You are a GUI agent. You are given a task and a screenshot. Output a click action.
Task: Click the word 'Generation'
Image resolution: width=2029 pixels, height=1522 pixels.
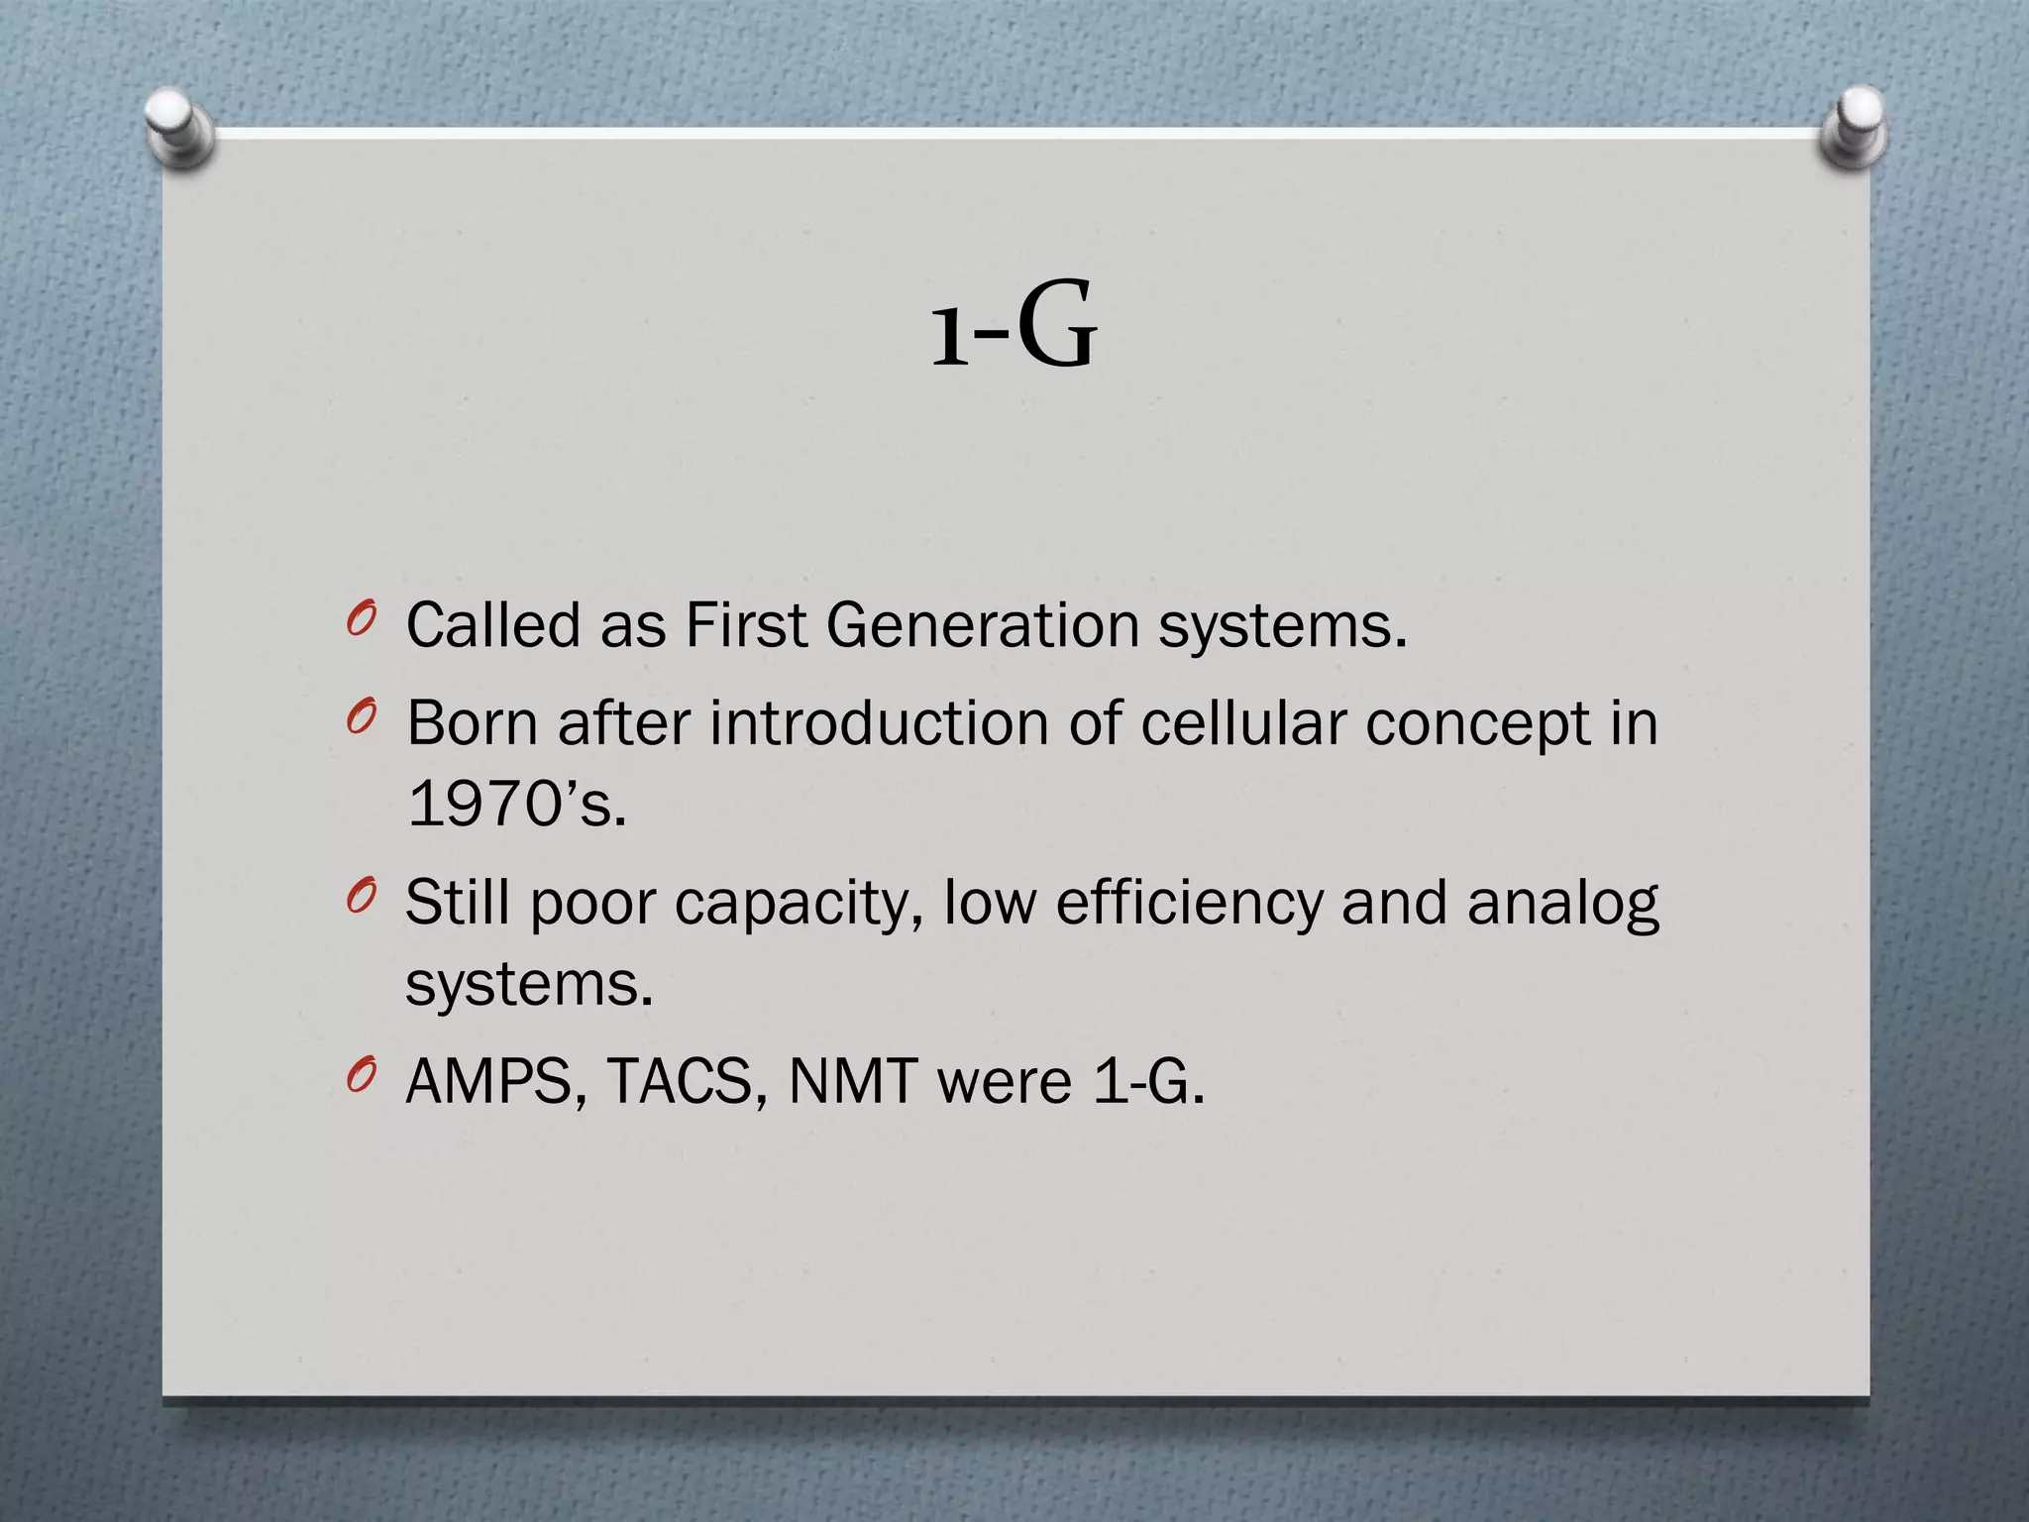(x=983, y=626)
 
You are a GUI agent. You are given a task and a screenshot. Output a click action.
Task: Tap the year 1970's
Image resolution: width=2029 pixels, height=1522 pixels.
(x=516, y=803)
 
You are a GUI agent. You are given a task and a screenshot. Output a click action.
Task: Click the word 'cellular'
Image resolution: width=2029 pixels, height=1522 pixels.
(x=1242, y=723)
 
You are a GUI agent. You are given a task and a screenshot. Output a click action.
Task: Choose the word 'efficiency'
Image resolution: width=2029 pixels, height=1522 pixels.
(x=1188, y=904)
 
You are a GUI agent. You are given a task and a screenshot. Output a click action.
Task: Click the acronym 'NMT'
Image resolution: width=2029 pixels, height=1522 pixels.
(x=852, y=1082)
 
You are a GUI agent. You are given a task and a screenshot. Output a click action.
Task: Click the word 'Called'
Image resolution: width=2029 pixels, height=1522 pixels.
(x=493, y=626)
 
